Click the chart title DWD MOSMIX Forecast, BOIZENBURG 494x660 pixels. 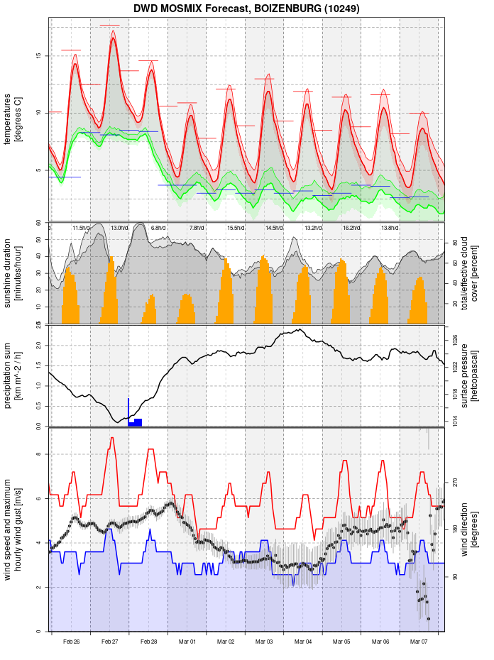[x=246, y=9]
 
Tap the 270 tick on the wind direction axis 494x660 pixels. [x=454, y=482]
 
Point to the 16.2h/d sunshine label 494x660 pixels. [x=351, y=228]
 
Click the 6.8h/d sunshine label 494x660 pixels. [x=158, y=228]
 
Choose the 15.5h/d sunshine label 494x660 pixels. [x=235, y=228]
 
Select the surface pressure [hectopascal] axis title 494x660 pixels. [x=469, y=374]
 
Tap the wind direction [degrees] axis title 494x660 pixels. [x=469, y=529]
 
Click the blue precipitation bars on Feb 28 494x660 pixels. [x=135, y=422]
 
